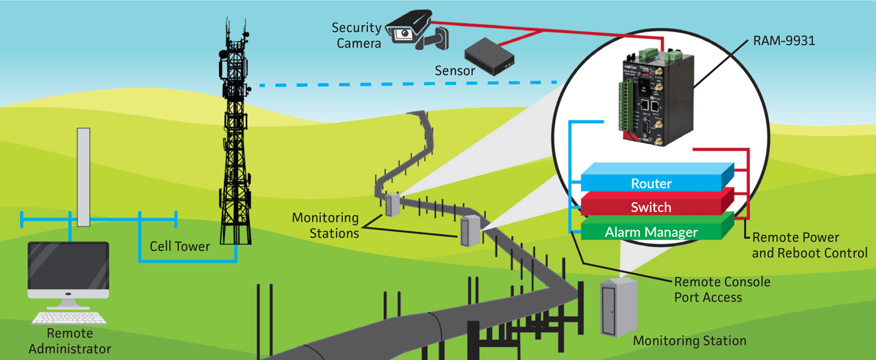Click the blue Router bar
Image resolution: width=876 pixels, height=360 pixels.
(x=651, y=183)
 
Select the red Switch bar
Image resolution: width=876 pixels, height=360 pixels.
(x=651, y=207)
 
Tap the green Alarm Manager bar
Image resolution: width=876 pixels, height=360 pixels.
(x=651, y=232)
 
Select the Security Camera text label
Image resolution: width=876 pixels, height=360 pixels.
(x=356, y=36)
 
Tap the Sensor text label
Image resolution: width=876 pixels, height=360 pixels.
(x=454, y=70)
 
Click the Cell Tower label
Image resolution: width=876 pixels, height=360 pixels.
(x=180, y=246)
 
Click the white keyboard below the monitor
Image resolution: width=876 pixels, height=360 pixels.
(x=69, y=318)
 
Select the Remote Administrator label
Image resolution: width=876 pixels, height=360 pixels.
(x=69, y=341)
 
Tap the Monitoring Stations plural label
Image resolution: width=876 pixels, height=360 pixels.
(x=325, y=225)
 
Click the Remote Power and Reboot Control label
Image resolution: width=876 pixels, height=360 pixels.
(x=810, y=245)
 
